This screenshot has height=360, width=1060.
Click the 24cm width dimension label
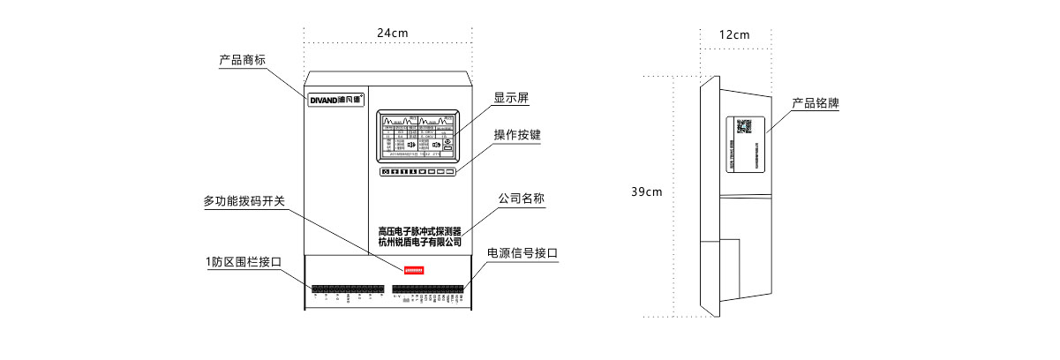(x=393, y=33)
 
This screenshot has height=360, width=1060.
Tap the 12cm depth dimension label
(x=733, y=35)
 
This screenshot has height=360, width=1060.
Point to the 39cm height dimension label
(x=646, y=191)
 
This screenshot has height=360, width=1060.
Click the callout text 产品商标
(x=243, y=61)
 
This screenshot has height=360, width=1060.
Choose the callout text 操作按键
(x=517, y=135)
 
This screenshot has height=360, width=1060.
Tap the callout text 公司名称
(x=522, y=199)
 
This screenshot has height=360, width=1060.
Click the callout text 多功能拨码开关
(x=244, y=201)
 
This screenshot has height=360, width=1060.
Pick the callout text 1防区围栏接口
(x=243, y=262)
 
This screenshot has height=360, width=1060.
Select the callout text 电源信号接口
(x=523, y=253)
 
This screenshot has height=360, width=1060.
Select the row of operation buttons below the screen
(x=418, y=171)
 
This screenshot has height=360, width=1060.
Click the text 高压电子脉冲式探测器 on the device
(x=419, y=230)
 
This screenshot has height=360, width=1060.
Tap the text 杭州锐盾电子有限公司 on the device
(x=419, y=242)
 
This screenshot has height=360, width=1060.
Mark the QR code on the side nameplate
(x=744, y=126)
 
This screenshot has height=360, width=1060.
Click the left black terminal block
(x=347, y=289)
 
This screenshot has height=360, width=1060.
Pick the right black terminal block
(x=427, y=289)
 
